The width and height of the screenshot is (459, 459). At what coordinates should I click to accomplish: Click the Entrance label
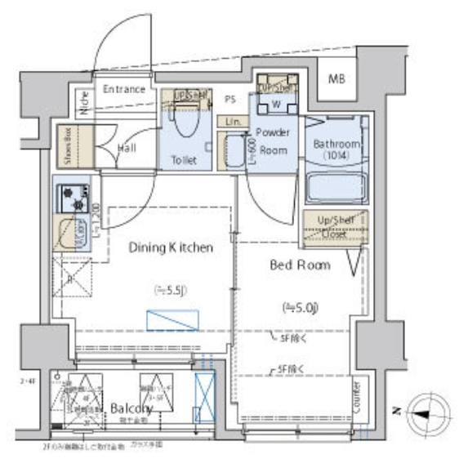coord(124,89)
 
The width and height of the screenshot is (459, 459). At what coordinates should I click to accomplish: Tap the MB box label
coord(336,79)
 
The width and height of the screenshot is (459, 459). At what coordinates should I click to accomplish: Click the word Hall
coord(127,149)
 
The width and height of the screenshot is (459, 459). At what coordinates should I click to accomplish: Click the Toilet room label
coord(184,160)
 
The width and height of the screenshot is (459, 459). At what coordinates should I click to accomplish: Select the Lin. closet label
coord(233,122)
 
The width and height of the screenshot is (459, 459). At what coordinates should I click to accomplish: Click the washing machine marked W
coord(277,105)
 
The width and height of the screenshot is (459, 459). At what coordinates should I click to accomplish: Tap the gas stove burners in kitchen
coord(76,198)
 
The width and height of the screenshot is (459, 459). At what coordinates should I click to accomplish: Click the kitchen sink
coord(74,232)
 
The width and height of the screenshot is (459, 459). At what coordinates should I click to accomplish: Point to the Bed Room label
coord(300,265)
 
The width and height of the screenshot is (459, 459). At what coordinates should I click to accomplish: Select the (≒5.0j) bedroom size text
coord(300,307)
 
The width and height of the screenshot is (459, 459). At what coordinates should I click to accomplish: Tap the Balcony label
coord(130,408)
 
